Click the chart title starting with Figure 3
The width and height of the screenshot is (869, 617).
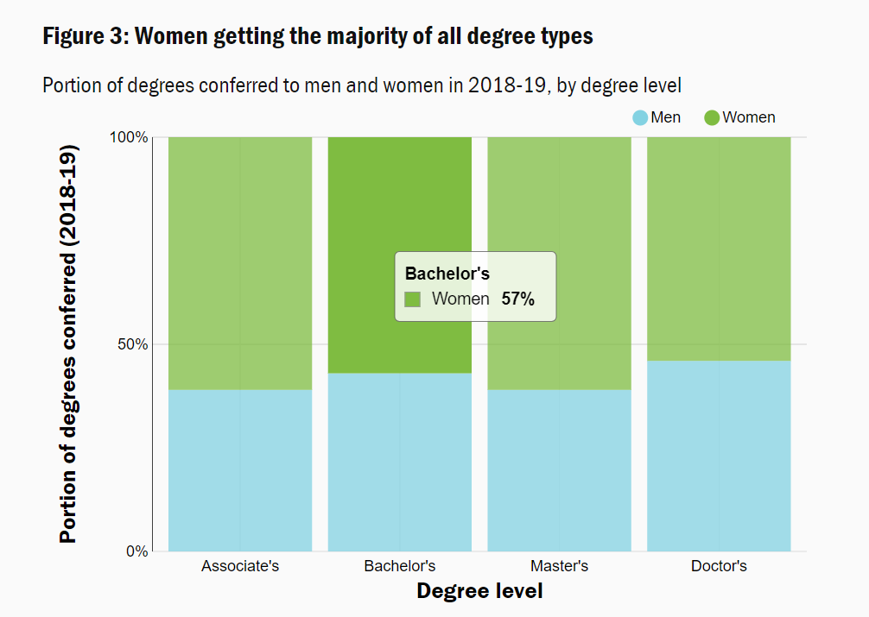(x=317, y=37)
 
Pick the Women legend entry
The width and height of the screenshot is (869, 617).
(x=739, y=117)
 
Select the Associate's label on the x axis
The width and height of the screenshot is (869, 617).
(x=240, y=567)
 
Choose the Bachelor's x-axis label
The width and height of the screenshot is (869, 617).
(x=399, y=567)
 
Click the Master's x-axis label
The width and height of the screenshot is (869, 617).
(x=559, y=567)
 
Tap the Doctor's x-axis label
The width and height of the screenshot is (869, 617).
(x=719, y=567)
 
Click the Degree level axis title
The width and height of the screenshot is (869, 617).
(x=479, y=592)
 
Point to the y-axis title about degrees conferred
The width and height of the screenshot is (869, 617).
(x=68, y=343)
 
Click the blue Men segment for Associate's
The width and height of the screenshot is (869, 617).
(x=240, y=470)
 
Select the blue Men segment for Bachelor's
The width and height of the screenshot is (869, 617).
(x=399, y=463)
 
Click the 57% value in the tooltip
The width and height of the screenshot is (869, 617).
(x=518, y=299)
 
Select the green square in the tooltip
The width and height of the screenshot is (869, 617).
(x=413, y=299)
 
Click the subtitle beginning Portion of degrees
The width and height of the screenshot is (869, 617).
(x=362, y=85)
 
